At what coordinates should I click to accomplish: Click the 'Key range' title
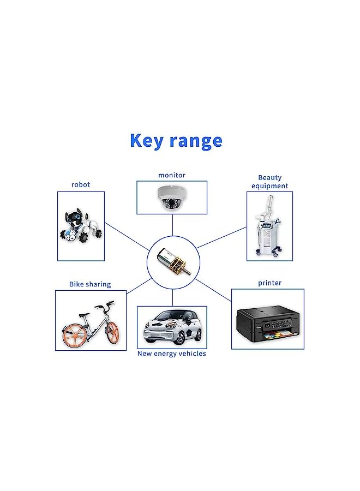(x=176, y=141)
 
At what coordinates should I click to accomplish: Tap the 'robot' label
(x=81, y=185)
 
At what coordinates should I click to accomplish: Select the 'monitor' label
(x=172, y=175)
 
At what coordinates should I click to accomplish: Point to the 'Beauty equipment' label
(x=269, y=182)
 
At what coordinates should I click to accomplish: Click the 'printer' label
(x=270, y=283)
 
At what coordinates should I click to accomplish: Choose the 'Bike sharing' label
(x=90, y=284)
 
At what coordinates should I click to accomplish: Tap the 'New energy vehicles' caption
(x=172, y=354)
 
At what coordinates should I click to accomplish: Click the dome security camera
(x=170, y=197)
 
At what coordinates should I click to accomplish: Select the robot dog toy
(x=81, y=226)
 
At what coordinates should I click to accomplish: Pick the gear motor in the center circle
(x=172, y=263)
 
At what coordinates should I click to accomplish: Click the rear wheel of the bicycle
(x=75, y=337)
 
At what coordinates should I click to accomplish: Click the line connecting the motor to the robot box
(x=127, y=237)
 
